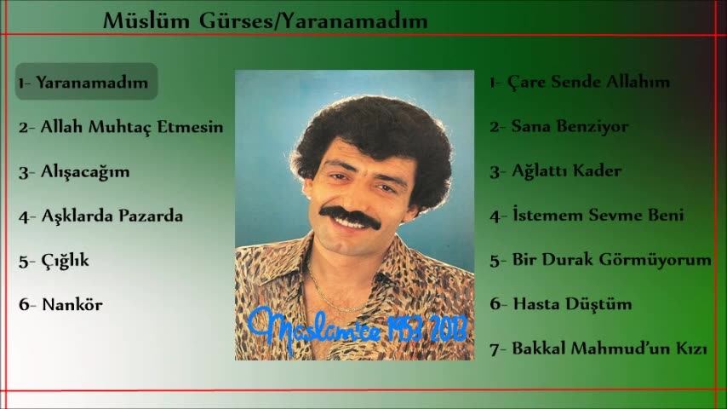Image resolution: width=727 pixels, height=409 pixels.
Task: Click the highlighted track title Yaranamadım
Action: [92, 82]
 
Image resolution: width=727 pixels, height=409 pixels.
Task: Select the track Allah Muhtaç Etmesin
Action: [132, 127]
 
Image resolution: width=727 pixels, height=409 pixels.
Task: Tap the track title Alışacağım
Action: [85, 172]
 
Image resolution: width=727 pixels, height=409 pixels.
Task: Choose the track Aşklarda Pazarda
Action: [112, 216]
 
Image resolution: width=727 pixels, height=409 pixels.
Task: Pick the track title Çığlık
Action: [65, 261]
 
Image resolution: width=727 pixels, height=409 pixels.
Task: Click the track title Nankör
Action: [72, 304]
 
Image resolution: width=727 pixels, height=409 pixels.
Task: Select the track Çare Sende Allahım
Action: [588, 82]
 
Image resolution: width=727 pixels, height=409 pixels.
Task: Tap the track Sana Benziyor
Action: [570, 126]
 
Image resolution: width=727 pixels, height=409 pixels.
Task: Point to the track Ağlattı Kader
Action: [566, 170]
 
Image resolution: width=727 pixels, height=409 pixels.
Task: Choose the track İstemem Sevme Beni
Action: [598, 215]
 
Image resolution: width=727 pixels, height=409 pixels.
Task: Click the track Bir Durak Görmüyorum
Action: [611, 260]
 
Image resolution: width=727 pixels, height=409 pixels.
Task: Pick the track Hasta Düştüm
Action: [572, 303]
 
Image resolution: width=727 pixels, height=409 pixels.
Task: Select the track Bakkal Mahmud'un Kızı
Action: [610, 349]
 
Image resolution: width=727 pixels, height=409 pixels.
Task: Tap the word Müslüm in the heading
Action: [146, 21]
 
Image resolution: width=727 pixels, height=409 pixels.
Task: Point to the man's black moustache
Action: [351, 217]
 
